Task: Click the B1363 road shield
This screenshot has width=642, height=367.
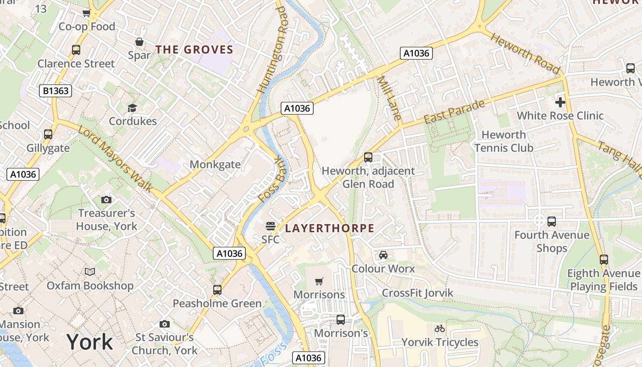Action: pos(56,91)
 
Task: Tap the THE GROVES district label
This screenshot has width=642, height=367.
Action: pos(194,50)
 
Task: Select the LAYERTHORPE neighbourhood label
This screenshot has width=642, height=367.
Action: pos(330,228)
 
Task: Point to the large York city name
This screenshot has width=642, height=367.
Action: pos(89,342)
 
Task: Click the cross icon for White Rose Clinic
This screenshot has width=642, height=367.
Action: pos(560,102)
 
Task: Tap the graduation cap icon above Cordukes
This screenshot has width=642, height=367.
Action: pos(133,108)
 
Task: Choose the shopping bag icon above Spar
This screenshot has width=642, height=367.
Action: pos(139,42)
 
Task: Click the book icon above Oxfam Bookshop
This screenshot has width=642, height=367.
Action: pos(90,272)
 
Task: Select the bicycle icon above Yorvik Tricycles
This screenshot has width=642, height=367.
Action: pos(440,328)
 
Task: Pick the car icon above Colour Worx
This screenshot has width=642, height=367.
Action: pos(383,255)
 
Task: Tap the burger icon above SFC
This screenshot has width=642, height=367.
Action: pos(271,226)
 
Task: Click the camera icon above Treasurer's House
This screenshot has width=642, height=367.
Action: pos(106,200)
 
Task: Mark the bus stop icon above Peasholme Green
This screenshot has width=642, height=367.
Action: pos(217,290)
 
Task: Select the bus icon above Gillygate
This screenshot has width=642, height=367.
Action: pos(48,134)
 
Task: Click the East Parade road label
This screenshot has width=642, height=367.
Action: pos(454,112)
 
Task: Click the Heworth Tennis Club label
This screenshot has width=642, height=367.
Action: pos(504,141)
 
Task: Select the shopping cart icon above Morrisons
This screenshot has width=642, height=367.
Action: pos(319,281)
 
